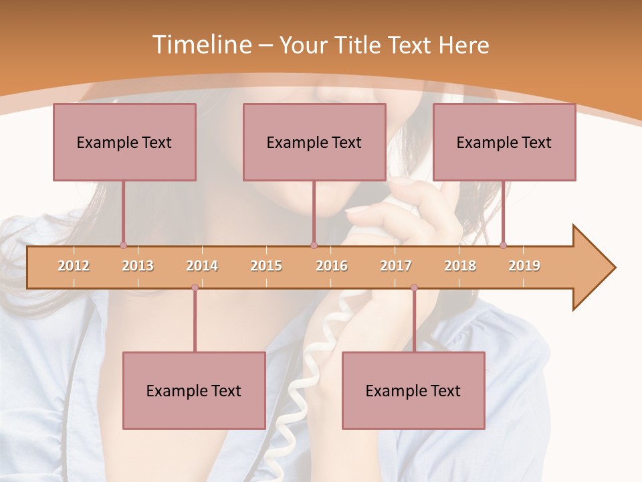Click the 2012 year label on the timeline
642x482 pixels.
pos(74,266)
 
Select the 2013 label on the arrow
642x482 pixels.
pos(138,266)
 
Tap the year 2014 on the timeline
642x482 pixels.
pos(202,266)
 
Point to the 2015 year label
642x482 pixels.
pos(266,266)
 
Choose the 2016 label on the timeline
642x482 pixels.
pos(332,266)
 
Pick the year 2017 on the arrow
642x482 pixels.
pos(396,266)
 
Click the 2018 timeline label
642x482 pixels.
pos(460,266)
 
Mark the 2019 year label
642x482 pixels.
pos(524,266)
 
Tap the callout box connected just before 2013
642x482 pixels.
pos(124,142)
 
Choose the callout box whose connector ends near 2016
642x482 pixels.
pos(314,142)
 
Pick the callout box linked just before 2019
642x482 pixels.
pos(504,142)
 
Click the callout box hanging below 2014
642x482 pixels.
pos(194,390)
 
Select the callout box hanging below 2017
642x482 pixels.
pos(413,390)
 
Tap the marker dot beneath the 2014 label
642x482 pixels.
pos(195,287)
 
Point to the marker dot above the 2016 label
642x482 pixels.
pos(314,245)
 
